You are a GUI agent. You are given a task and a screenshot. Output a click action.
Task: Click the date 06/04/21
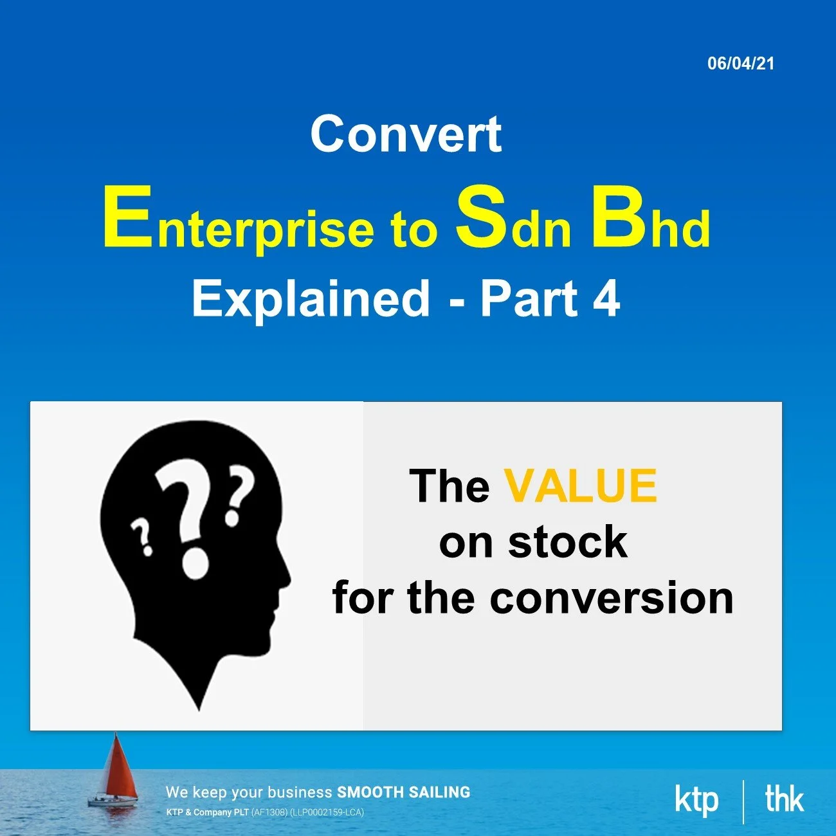[x=741, y=63]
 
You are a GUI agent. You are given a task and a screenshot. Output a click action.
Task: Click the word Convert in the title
[x=406, y=134]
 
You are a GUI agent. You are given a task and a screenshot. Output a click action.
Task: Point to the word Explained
[x=311, y=298]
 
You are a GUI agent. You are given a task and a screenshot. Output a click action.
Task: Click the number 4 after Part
[x=606, y=298]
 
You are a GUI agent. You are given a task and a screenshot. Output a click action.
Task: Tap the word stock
[x=567, y=541]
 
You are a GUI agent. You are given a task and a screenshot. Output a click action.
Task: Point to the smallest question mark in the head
[x=142, y=537]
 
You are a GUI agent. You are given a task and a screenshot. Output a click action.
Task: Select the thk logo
[x=784, y=799]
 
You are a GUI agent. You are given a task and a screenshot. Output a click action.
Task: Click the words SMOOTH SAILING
[x=403, y=792]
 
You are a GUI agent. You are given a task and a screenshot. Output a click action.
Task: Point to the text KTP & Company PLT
[x=207, y=812]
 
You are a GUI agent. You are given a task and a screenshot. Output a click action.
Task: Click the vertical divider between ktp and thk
[x=743, y=801]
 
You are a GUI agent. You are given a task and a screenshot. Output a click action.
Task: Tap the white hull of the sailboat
[x=113, y=802]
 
